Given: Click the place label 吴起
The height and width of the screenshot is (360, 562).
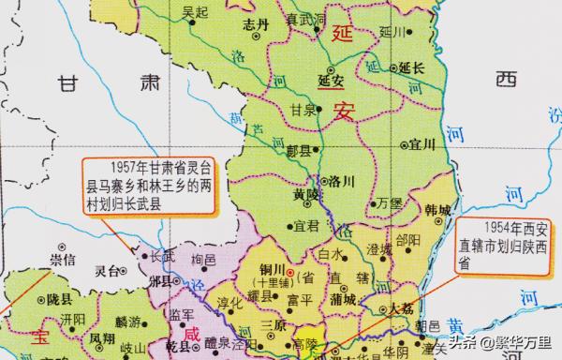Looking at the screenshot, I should (195, 12).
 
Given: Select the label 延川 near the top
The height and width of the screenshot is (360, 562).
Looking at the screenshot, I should (391, 31).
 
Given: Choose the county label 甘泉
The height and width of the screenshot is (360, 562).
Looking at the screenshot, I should (303, 110).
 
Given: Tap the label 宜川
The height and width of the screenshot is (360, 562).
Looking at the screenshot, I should (422, 144).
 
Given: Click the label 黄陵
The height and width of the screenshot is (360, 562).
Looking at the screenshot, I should (306, 194).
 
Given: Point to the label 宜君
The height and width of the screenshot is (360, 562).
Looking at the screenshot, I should (306, 226).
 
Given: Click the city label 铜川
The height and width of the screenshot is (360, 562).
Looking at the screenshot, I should (270, 270).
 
